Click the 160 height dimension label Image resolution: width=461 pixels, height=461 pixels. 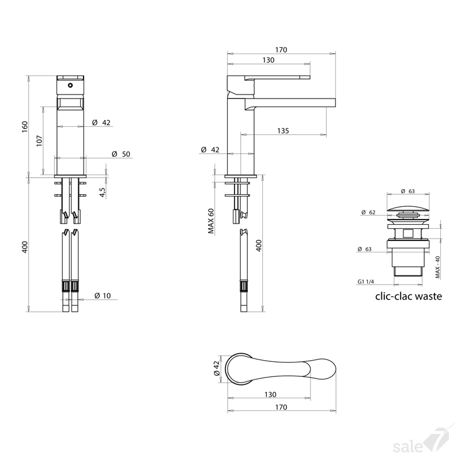25,127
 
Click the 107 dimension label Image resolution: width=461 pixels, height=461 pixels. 39,141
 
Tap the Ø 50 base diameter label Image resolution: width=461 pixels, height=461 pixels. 121,154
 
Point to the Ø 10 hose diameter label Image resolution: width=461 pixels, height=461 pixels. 103,296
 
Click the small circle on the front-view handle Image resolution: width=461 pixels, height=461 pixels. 70,85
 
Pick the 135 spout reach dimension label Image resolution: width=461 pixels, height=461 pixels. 283,131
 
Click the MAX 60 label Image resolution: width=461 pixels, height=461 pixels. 211,221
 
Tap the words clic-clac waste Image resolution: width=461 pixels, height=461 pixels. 409,296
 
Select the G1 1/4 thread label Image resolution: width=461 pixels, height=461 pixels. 365,282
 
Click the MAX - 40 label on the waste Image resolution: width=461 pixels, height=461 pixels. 437,267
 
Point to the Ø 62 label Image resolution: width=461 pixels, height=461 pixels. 368,212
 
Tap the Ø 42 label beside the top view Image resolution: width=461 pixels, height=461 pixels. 217,368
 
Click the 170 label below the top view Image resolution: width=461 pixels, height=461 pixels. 281,407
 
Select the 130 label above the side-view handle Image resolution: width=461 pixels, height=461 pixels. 268,60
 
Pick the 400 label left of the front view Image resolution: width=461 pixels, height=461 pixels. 25,247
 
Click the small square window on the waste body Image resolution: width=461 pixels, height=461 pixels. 407,233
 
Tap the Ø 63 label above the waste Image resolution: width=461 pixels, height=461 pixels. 408,191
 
